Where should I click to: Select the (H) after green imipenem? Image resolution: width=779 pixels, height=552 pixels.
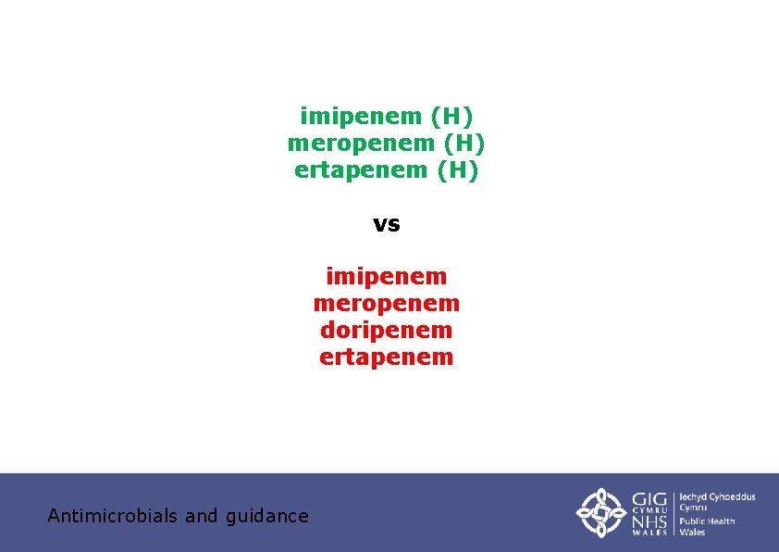[x=451, y=117]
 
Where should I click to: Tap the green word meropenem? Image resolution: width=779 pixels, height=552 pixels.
[x=361, y=144]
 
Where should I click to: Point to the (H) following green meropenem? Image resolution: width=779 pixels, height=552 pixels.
[x=464, y=144]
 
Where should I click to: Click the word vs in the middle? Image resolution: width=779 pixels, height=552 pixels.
[x=387, y=224]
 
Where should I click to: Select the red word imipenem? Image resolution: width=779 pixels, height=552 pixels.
[x=387, y=276]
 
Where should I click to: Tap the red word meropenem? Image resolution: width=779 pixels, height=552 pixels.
[x=387, y=303]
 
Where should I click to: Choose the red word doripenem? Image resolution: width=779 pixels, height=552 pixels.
[x=387, y=330]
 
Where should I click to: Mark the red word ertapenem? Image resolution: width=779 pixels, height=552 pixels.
[x=387, y=357]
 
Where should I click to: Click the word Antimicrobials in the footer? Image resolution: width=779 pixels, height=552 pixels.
[x=113, y=516]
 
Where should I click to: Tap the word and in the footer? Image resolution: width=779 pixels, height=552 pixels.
[x=202, y=516]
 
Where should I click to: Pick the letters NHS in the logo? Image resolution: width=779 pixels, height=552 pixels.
[x=649, y=523]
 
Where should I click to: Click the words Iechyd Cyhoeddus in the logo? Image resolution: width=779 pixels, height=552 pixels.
[x=718, y=497]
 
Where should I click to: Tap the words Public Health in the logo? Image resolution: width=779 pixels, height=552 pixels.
[x=708, y=521]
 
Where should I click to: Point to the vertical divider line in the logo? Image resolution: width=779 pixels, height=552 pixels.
[x=674, y=512]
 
